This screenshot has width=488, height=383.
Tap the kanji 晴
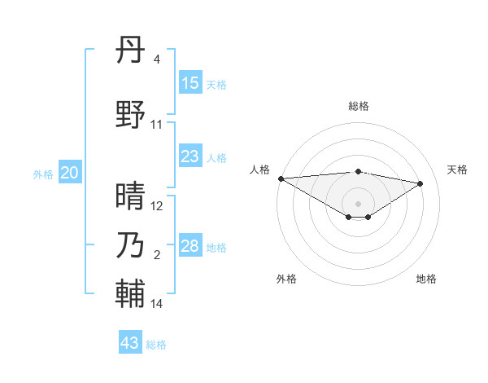tap(130, 195)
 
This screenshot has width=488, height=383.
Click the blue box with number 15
tap(190, 83)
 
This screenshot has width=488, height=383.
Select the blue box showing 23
tap(190, 156)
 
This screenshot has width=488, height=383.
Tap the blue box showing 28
tap(190, 246)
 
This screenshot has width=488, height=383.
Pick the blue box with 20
tap(70, 173)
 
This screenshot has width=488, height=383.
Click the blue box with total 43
tap(130, 343)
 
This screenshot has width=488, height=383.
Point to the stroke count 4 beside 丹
tap(156, 59)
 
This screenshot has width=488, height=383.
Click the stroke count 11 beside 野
tap(157, 125)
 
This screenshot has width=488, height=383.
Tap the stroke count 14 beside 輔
tap(157, 304)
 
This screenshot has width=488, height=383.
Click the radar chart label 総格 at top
tap(359, 106)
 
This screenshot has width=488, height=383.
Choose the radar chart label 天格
tap(457, 169)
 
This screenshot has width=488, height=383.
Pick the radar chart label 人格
tap(260, 169)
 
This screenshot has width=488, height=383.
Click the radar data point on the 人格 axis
tap(281, 178)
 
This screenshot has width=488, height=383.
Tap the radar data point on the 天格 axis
tap(420, 183)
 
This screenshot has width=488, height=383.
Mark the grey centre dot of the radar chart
tap(358, 203)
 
